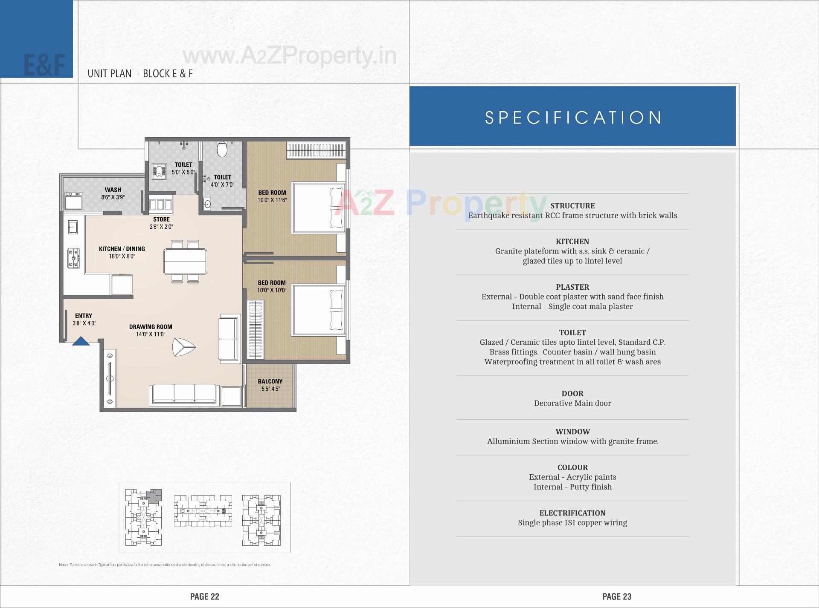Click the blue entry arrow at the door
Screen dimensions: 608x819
click(x=81, y=341)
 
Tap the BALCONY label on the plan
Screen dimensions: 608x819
click(x=270, y=381)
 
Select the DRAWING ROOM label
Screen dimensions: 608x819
click(x=151, y=327)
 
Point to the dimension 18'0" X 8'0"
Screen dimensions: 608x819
click(x=122, y=256)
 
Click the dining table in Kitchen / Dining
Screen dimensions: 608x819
click(x=185, y=262)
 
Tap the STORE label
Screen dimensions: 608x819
click(x=161, y=219)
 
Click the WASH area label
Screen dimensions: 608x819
click(x=113, y=190)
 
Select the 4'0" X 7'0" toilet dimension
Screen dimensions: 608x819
click(x=222, y=185)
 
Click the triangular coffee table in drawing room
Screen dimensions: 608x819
click(x=183, y=347)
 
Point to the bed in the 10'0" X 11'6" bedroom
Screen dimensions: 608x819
click(x=318, y=208)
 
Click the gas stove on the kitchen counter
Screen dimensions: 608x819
click(x=73, y=258)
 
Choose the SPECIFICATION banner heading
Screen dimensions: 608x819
click(x=573, y=118)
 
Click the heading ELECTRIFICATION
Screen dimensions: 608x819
click(x=572, y=513)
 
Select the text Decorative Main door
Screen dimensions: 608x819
click(x=572, y=403)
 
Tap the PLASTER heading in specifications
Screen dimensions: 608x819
click(x=572, y=287)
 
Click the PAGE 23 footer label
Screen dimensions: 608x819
click(x=616, y=596)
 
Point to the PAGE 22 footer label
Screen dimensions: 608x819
click(x=204, y=596)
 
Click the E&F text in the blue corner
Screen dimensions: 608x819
click(x=44, y=65)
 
